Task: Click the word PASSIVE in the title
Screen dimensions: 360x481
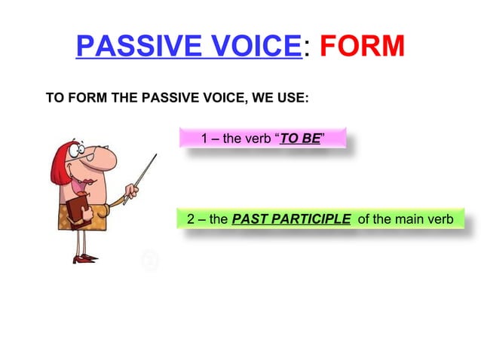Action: (x=133, y=47)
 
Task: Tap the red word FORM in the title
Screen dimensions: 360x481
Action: (x=361, y=47)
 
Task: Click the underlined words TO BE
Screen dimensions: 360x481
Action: (x=299, y=139)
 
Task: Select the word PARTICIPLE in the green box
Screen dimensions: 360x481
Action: (x=308, y=219)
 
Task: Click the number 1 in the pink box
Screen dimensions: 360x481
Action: (x=206, y=139)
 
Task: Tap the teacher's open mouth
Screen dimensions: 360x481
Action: (x=89, y=177)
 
